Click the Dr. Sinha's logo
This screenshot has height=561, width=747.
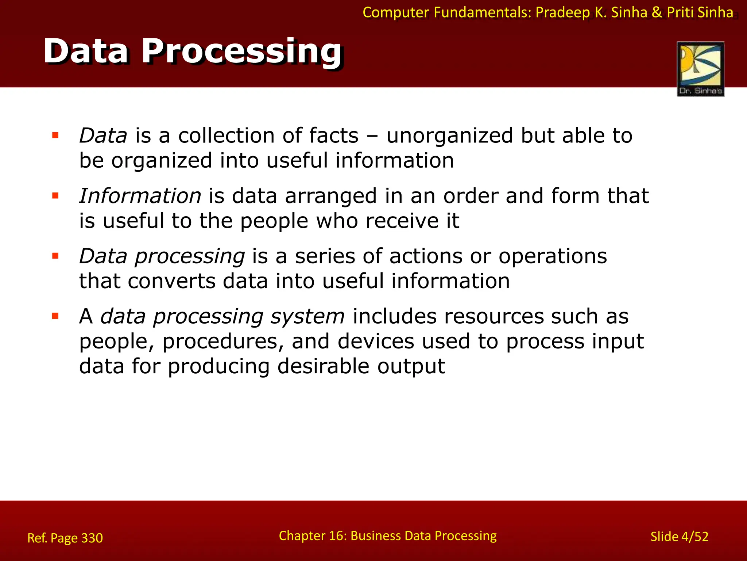pos(700,69)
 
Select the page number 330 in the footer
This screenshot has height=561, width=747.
pos(92,538)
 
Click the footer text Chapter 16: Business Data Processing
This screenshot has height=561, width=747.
pos(387,536)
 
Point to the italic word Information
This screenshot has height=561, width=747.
pos(140,196)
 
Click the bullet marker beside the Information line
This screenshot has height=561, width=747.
pos(55,196)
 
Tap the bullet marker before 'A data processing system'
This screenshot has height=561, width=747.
pos(55,316)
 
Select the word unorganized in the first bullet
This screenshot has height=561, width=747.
pos(450,136)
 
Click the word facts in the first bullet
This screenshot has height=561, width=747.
pos(334,136)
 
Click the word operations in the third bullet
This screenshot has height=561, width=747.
pos(553,256)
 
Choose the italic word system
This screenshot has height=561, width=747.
pos(307,316)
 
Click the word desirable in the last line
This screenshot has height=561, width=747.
pos(323,366)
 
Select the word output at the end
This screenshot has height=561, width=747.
pos(411,366)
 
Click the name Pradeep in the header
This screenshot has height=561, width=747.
pos(562,13)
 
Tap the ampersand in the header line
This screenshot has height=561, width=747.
pos(657,13)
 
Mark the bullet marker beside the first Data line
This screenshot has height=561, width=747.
pos(55,136)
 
